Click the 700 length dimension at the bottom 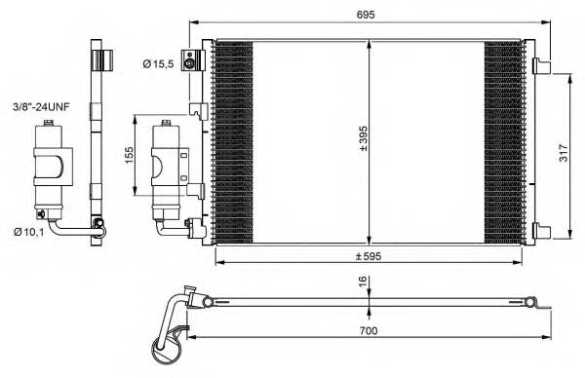click(366, 331)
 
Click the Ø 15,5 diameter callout click(157, 63)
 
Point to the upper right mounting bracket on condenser click(539, 67)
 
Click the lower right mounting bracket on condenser click(539, 230)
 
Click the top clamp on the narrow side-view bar click(97, 59)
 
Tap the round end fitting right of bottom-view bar click(531, 301)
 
